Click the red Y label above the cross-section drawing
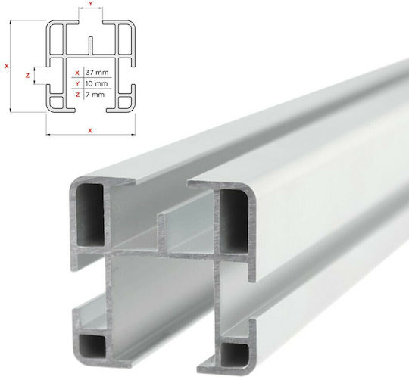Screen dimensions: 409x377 (x=91, y=3)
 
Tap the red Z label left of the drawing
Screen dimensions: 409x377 (x=27, y=76)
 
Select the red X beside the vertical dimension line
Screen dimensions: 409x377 (x=7, y=66)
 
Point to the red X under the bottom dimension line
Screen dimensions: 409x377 (x=90, y=131)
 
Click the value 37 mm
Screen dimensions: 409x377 (x=97, y=73)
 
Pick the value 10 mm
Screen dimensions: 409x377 (x=96, y=83)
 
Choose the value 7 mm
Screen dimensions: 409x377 (x=95, y=95)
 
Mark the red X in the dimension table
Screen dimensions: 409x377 (x=77, y=73)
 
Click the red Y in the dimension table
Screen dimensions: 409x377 (x=77, y=84)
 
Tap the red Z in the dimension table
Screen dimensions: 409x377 (x=77, y=95)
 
